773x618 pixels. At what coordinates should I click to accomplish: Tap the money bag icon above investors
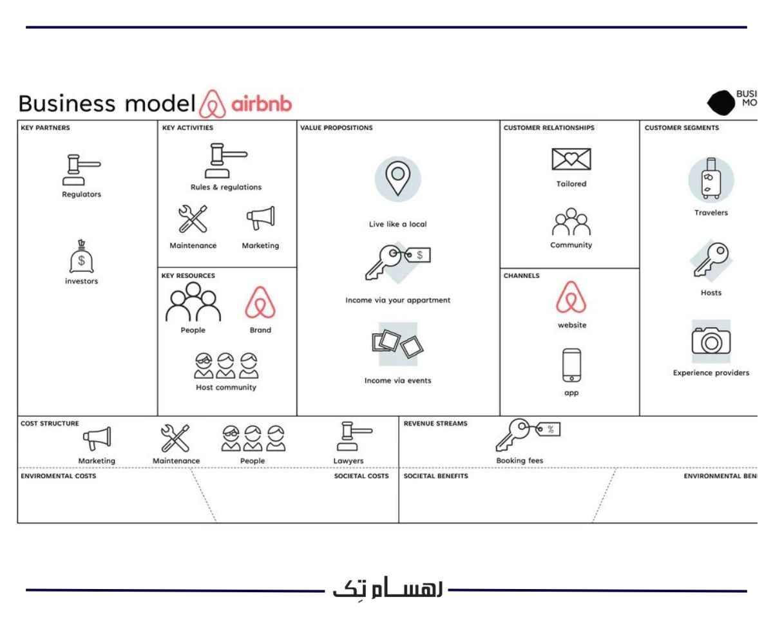tap(81, 257)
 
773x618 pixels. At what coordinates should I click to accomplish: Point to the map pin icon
tap(397, 179)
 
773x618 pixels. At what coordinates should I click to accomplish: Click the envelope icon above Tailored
tap(571, 159)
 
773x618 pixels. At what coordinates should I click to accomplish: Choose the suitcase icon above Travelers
tap(711, 179)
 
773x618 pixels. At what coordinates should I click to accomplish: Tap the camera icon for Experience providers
tap(711, 341)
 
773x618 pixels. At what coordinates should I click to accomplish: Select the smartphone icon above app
tap(571, 365)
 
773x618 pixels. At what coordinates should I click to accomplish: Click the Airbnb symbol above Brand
tap(260, 303)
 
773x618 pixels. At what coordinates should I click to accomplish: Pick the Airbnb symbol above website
tap(571, 297)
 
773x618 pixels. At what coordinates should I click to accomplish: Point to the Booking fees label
tap(519, 461)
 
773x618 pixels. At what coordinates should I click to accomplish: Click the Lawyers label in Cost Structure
tap(348, 461)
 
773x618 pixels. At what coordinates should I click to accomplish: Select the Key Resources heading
tap(188, 276)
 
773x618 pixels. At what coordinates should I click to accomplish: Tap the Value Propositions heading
tap(336, 127)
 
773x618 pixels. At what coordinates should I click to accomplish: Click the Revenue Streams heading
tap(435, 424)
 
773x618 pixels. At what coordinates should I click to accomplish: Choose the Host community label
tap(226, 388)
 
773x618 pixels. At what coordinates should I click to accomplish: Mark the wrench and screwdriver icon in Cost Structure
tap(175, 438)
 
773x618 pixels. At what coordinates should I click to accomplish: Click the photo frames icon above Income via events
tap(397, 344)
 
